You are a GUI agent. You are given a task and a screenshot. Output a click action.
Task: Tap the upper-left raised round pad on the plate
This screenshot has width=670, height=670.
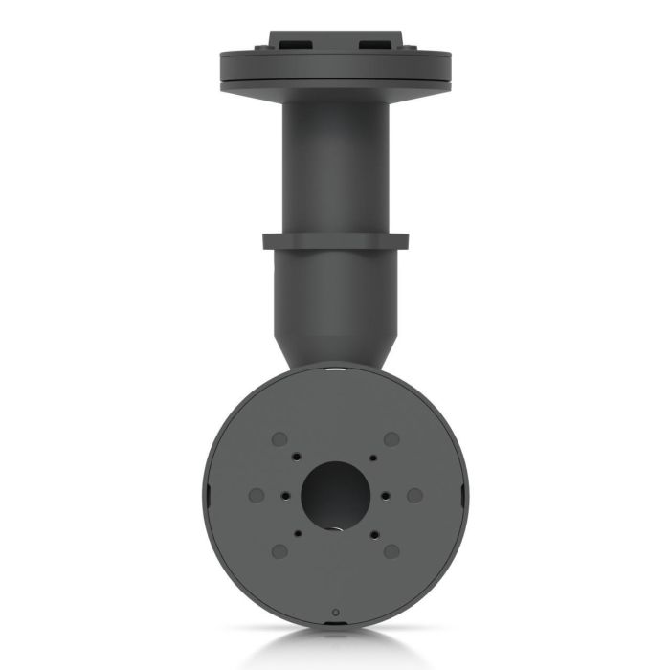pyautogui.click(x=279, y=438)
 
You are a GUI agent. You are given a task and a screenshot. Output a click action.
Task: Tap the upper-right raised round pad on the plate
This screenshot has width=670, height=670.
pyautogui.click(x=391, y=438)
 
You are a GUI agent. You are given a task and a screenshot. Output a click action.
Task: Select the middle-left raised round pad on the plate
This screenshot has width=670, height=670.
pyautogui.click(x=256, y=495)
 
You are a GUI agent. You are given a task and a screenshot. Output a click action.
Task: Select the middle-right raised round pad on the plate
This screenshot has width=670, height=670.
pyautogui.click(x=414, y=495)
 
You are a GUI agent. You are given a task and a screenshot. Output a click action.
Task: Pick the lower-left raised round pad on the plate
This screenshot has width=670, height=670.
pyautogui.click(x=279, y=551)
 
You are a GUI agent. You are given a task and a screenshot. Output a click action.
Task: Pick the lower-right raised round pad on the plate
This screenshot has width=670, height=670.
pyautogui.click(x=391, y=551)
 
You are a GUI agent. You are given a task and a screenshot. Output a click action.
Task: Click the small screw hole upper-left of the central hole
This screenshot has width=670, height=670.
pyautogui.click(x=298, y=458)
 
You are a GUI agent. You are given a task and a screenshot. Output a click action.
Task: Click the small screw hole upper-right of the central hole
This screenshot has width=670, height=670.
pyautogui.click(x=372, y=458)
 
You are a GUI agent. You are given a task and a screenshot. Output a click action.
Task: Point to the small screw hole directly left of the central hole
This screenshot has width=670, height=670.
pyautogui.click(x=285, y=495)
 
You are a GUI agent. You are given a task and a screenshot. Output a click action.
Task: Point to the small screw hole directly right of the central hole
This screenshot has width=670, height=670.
pyautogui.click(x=385, y=495)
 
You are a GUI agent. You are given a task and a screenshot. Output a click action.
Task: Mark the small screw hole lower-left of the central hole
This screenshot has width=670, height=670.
pyautogui.click(x=298, y=532)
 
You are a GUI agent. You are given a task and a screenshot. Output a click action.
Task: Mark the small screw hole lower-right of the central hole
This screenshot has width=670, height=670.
pyautogui.click(x=372, y=532)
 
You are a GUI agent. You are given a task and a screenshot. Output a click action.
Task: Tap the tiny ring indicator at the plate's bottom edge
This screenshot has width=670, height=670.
pyautogui.click(x=335, y=612)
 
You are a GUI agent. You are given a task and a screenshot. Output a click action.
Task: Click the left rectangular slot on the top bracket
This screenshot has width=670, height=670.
pyautogui.click(x=294, y=44)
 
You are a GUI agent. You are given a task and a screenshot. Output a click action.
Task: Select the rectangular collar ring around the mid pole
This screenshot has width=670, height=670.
pyautogui.click(x=335, y=240)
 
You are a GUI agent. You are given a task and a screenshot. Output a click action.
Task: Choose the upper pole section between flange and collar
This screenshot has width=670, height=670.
pyautogui.click(x=335, y=163)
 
